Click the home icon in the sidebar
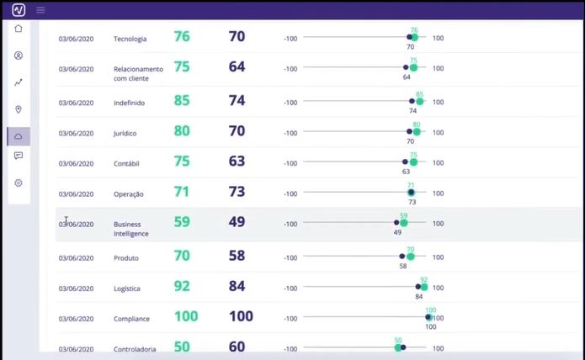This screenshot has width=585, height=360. pos(19,29)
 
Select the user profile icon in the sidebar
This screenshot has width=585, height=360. pos(19,56)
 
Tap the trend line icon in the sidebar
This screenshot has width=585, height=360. pos(19,82)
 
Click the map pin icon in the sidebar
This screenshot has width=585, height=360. pos(19,109)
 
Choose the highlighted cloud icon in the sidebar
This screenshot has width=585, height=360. pos(19,136)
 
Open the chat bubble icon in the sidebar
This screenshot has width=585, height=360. pos(19,156)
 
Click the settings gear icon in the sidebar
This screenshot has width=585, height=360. pos(19,183)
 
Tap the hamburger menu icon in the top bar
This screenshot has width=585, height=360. pos(40,10)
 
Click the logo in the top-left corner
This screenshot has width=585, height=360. pos(19,10)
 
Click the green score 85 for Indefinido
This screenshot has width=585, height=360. pos(182,101)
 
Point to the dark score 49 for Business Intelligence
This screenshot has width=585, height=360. pos(237,223)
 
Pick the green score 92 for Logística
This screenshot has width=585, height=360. pos(182,287)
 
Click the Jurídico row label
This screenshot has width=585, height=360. pos(125,134)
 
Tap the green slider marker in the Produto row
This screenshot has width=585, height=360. pos(411,256)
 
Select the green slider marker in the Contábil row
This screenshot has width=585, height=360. pos(413,161)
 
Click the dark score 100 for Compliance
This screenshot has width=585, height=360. pos(241,317)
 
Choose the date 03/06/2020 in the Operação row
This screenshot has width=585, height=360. pos(76,194)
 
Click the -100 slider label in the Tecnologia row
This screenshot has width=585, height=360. pos(290,39)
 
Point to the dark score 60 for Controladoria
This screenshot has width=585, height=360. pos(237,347)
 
